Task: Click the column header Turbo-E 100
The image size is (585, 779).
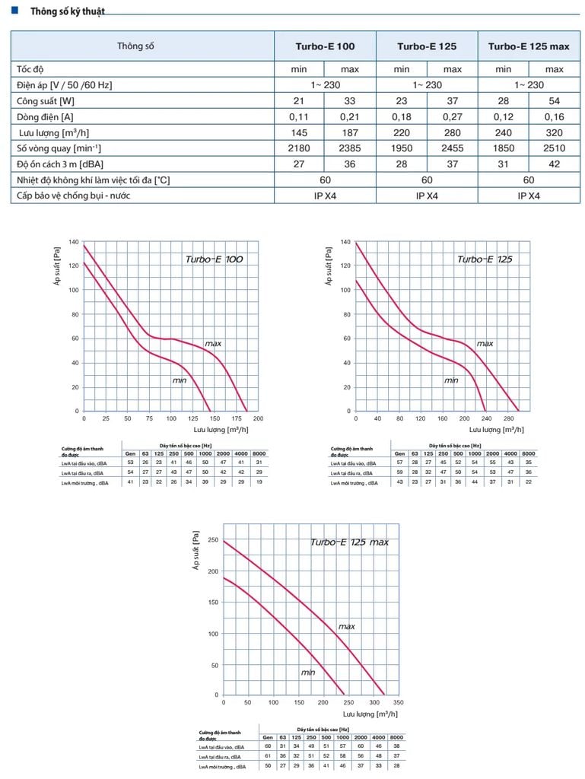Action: click(x=325, y=46)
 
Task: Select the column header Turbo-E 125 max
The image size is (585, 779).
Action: click(x=528, y=46)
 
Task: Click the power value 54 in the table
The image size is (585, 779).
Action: click(x=554, y=101)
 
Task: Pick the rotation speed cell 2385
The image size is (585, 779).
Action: click(x=350, y=148)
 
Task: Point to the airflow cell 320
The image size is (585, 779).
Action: click(x=554, y=132)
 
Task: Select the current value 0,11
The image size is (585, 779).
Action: click(x=299, y=116)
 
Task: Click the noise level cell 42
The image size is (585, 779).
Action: click(x=554, y=164)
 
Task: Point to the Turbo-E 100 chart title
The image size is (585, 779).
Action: click(x=214, y=259)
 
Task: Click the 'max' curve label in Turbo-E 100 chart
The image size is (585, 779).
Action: click(x=212, y=344)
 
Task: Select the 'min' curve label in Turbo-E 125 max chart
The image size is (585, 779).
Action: click(x=307, y=672)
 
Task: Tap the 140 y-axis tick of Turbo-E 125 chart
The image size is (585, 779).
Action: click(x=345, y=242)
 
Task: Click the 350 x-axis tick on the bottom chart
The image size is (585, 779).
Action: click(x=398, y=702)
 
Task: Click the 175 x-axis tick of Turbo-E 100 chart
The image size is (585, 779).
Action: click(x=236, y=418)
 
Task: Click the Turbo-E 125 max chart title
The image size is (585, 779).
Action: click(x=349, y=542)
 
